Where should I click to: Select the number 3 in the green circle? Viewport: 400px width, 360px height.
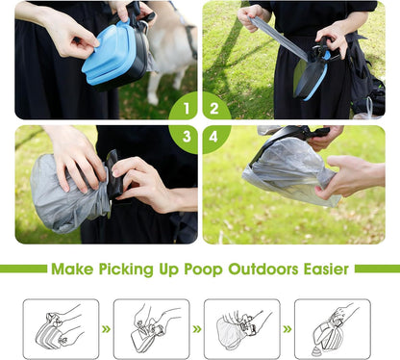click(187, 136)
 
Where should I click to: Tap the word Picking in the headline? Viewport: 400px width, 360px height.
click(140, 269)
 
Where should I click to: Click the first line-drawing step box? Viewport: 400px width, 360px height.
click(61, 328)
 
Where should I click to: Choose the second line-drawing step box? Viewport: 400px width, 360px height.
click(151, 328)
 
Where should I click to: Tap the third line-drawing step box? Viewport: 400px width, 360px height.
click(241, 328)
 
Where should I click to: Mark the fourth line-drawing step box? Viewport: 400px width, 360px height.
click(332, 328)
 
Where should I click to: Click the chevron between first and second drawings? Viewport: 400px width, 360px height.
click(106, 328)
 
